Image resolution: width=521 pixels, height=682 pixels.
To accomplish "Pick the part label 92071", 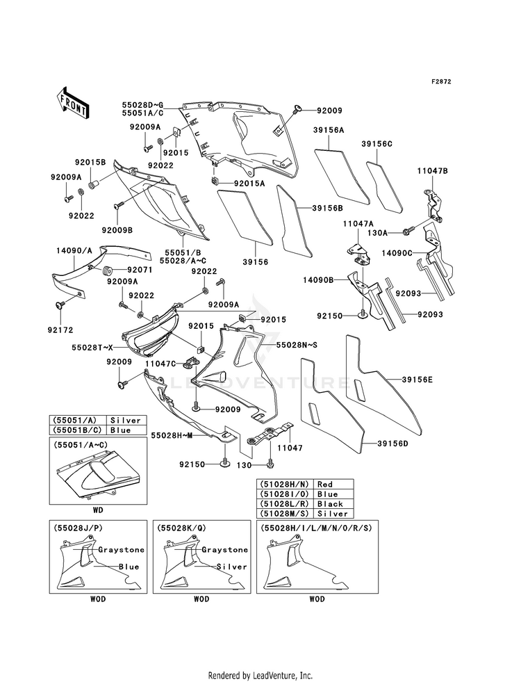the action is point(140,270).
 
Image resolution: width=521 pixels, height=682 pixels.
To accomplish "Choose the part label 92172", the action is point(61,330).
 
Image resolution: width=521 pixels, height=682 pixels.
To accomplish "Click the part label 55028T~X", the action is point(93,348).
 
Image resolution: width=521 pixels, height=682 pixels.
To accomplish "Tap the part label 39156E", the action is point(417,380).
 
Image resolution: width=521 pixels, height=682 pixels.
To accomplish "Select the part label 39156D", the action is point(392,444).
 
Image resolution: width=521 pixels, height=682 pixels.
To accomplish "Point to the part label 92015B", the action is point(90,162).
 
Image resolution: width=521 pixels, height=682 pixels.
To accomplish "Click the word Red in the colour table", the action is point(325,484).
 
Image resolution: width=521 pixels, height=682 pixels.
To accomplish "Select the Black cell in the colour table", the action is point(330,503).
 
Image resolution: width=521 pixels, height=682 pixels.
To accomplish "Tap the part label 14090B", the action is point(318,280).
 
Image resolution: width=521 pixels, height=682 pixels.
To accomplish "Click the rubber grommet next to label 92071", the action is point(108,271).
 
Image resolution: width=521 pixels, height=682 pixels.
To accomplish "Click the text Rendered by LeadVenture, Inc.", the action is point(260,675).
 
